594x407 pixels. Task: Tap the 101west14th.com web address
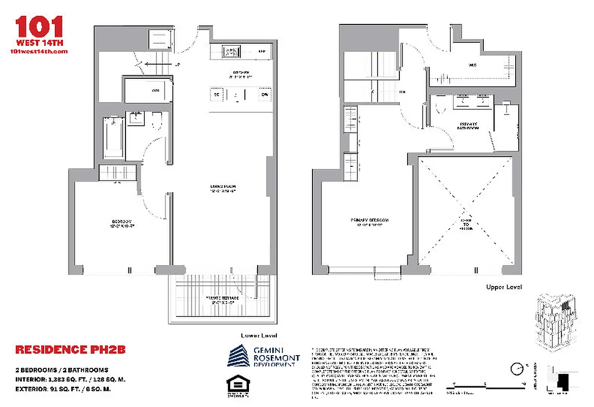[x=39, y=51]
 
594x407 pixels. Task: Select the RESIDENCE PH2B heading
[x=70, y=350]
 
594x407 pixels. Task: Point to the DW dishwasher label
[x=264, y=95]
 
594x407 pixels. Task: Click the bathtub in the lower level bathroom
[x=114, y=138]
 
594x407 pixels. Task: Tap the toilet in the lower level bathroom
[x=156, y=121]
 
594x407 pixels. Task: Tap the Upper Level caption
[x=504, y=287]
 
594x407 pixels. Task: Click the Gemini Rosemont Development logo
[x=263, y=356]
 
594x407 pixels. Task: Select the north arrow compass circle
[x=517, y=368]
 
